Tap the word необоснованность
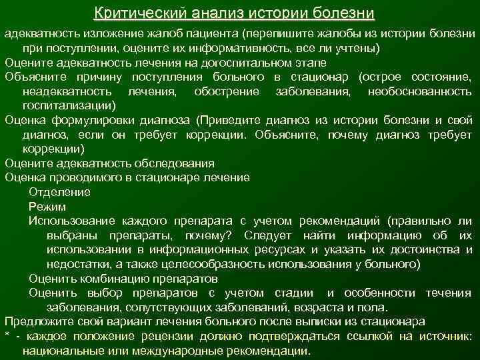coord(420,91)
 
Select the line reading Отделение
coord(59,192)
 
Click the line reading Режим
coord(47,207)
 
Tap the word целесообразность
coord(246,264)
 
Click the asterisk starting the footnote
coord(7,337)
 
